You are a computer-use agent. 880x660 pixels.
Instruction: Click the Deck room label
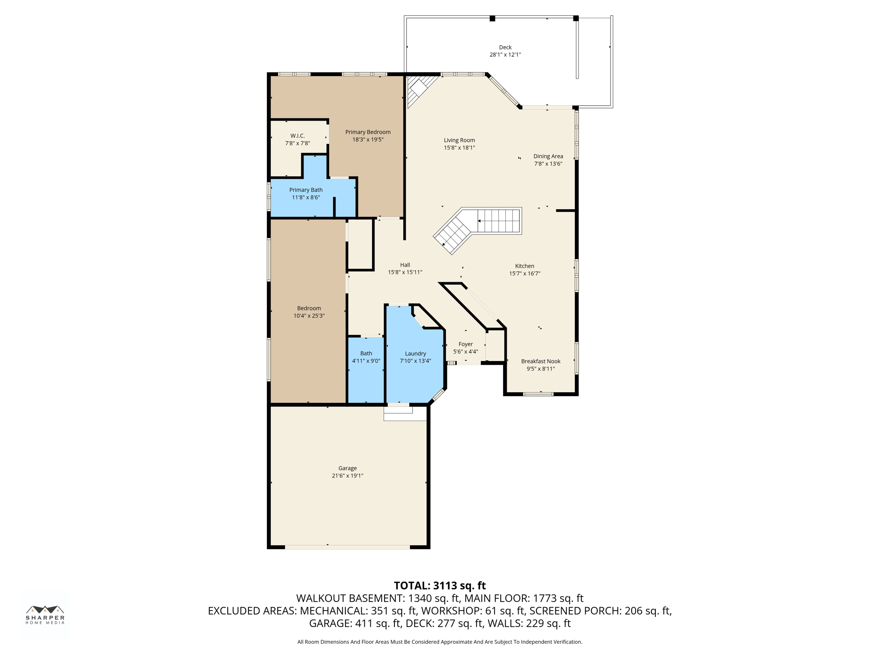pos(505,47)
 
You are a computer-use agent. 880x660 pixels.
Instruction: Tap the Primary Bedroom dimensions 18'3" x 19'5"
pos(368,140)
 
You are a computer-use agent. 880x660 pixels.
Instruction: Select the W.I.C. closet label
pos(297,136)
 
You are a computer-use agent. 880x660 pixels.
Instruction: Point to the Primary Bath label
pos(306,190)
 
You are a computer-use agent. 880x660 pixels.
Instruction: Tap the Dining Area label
pos(548,156)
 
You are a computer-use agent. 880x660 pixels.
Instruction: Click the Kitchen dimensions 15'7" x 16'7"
pos(524,274)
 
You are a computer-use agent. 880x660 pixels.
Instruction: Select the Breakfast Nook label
pos(541,361)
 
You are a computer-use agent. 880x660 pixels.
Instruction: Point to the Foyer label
pos(465,344)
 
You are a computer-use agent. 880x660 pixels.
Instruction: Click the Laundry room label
pos(415,354)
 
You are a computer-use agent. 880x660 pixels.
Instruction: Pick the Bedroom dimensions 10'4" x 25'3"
pos(309,316)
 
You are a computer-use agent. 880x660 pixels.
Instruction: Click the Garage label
pos(347,468)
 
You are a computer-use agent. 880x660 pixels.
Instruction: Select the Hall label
pos(405,265)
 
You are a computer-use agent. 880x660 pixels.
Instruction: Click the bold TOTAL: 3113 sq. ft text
pos(440,586)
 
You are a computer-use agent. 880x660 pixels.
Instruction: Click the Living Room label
pos(459,140)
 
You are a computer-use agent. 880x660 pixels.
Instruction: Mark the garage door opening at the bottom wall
pos(347,547)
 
